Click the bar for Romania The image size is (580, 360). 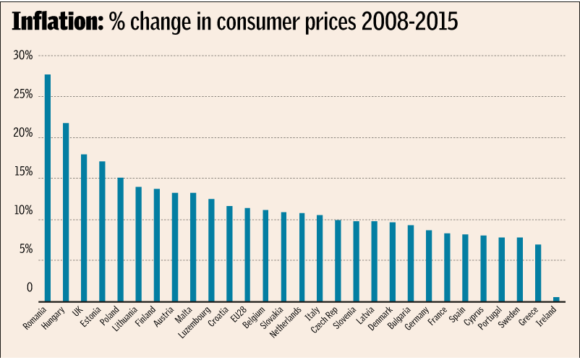coord(48,188)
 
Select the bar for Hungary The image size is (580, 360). coord(66,213)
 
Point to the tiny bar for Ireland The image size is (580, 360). coord(556,299)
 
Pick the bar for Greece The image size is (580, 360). coord(538,273)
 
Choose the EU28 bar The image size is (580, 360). coord(247,254)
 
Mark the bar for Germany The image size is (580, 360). coord(429,266)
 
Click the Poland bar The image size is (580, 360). coord(120,239)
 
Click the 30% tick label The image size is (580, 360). coord(24,56)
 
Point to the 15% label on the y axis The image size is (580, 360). coord(24,172)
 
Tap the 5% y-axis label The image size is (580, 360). coord(26,249)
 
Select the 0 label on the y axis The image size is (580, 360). coord(30,288)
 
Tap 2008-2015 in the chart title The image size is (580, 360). coord(410,22)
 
